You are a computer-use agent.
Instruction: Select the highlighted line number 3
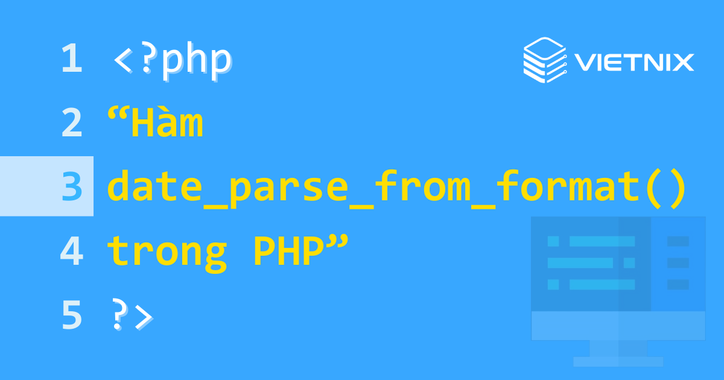pos(71,186)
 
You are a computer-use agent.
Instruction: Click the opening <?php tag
pos(172,60)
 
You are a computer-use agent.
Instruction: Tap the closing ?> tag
pos(133,315)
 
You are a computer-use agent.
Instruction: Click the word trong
pos(167,252)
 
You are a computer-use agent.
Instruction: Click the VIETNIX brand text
pos(634,62)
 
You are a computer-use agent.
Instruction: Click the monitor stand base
pos(618,361)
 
